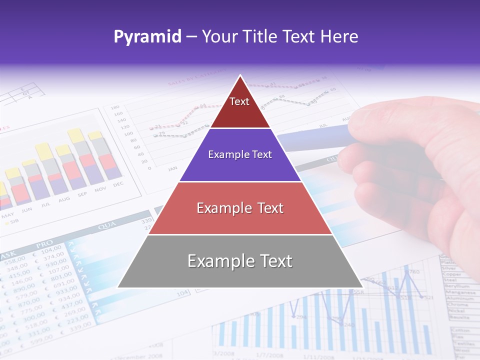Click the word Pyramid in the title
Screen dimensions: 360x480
[x=147, y=36]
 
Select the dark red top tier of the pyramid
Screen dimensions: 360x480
[x=240, y=107]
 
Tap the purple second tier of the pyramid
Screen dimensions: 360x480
[x=240, y=155]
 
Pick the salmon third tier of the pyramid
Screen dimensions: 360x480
[x=240, y=208]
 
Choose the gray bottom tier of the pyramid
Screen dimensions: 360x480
[x=240, y=261]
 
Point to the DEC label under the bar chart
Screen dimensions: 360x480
[x=118, y=184]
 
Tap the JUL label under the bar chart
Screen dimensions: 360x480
[x=45, y=204]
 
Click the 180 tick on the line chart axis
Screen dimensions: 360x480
[x=115, y=107]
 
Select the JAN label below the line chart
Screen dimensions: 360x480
[x=173, y=168]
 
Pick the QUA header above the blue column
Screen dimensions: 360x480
[x=107, y=226]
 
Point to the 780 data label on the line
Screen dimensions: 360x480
[x=413, y=272]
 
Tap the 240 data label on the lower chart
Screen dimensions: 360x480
[x=348, y=324]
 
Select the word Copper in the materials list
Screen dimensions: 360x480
[x=451, y=274]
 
